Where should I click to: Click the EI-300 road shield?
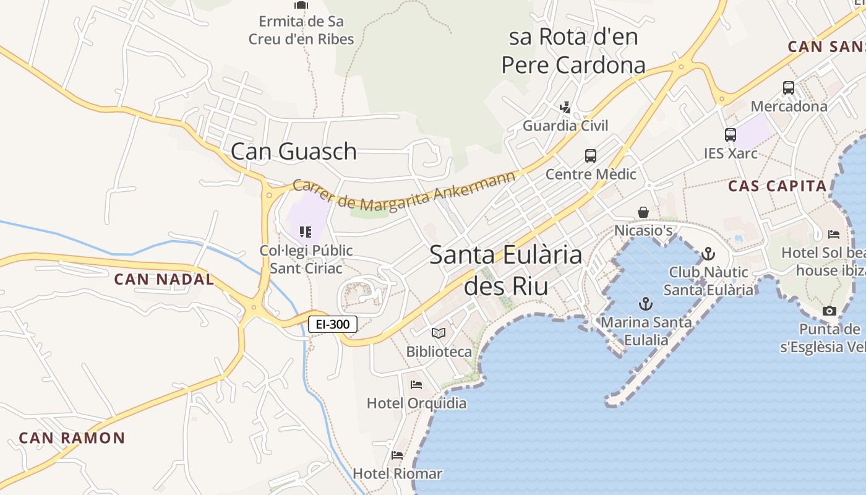333,324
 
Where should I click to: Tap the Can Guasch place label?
294,151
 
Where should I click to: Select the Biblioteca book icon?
439,334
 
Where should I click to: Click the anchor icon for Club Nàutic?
708,254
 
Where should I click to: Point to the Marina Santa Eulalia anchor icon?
646,304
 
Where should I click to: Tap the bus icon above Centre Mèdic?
591,156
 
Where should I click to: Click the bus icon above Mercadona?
789,88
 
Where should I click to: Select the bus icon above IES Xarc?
731,135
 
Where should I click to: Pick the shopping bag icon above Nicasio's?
643,212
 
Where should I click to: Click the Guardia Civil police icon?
565,108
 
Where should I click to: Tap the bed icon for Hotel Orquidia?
416,385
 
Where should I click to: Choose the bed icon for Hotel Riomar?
397,455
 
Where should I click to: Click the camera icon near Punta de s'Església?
830,311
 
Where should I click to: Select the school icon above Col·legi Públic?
306,232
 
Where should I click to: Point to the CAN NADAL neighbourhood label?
164,279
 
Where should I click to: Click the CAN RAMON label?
72,438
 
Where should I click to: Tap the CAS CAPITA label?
777,186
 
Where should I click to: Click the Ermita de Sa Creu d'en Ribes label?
301,30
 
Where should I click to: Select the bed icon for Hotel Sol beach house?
834,235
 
